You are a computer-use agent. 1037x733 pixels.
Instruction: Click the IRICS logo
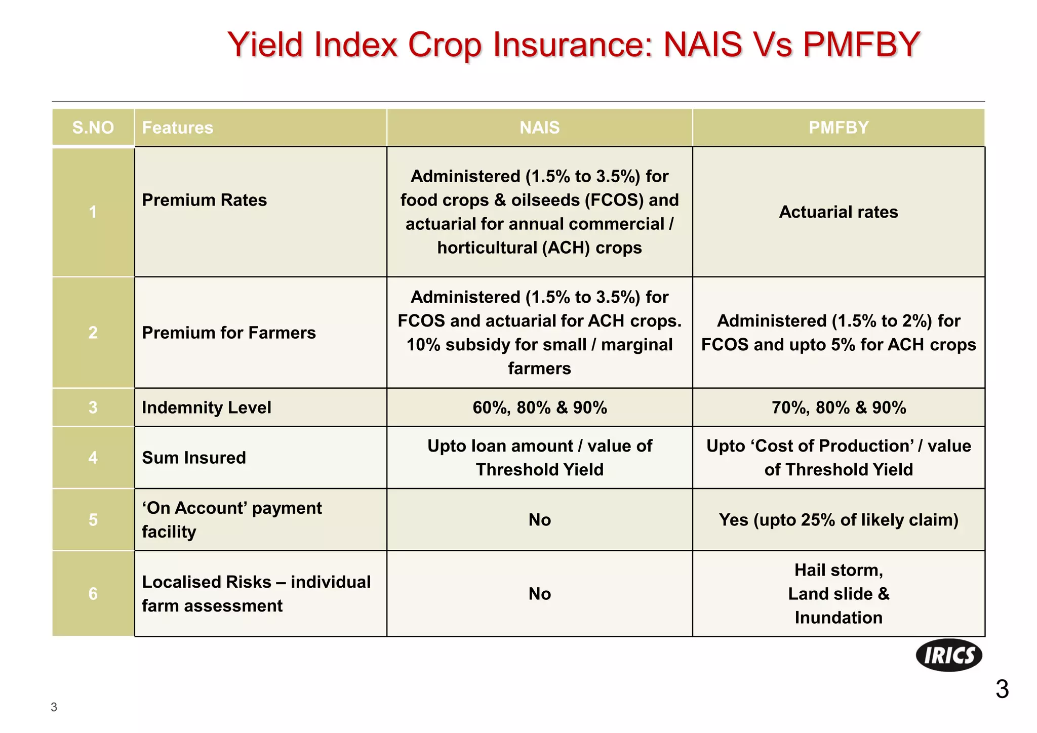(x=948, y=655)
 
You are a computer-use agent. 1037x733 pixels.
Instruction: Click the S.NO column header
(x=93, y=128)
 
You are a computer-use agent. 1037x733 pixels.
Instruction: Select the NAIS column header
(x=539, y=128)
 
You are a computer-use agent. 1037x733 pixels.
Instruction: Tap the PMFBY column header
(x=838, y=128)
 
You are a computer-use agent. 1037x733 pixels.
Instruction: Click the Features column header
(x=177, y=128)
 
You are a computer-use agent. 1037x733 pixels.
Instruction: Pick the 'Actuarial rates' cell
(x=838, y=212)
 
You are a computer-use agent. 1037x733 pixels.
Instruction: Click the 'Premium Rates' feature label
(x=204, y=200)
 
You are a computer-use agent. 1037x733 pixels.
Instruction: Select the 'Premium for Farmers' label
(x=228, y=333)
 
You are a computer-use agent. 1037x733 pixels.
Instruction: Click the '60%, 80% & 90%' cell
(x=539, y=408)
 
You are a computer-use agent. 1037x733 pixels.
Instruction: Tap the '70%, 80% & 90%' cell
(x=838, y=408)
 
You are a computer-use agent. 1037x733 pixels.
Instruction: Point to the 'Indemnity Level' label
(x=206, y=408)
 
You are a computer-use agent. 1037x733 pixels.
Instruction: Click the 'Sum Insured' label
(x=193, y=458)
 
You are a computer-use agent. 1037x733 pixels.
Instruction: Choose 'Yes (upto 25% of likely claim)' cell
(x=838, y=520)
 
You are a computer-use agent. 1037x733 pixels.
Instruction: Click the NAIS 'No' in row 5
(x=539, y=520)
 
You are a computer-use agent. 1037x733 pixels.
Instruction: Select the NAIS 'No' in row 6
(x=539, y=594)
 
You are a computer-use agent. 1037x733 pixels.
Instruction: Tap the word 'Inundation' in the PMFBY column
(x=838, y=618)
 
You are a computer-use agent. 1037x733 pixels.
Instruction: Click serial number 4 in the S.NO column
(x=93, y=458)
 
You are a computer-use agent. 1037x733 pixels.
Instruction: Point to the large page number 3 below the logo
(x=1002, y=689)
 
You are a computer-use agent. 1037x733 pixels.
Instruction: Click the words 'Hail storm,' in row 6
(x=838, y=570)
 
